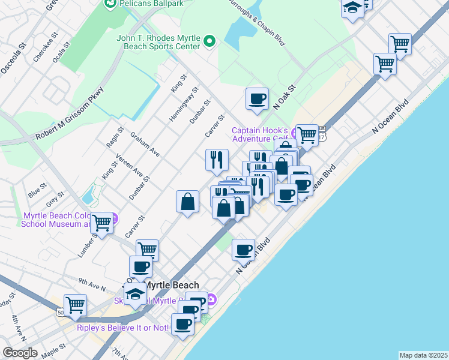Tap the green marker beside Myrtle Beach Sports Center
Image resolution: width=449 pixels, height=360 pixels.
pos(209,41)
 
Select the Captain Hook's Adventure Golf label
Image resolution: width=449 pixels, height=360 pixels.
pos(260,135)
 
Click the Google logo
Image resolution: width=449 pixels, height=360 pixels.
pos(20,353)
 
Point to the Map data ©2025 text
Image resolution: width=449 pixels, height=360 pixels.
pos(423,355)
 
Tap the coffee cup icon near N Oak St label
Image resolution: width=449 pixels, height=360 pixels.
pos(258,99)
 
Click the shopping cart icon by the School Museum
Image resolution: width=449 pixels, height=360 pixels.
pos(102,223)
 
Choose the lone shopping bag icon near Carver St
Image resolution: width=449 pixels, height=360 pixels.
pos(188,202)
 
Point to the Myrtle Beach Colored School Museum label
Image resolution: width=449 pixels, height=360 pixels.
pos(57,220)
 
